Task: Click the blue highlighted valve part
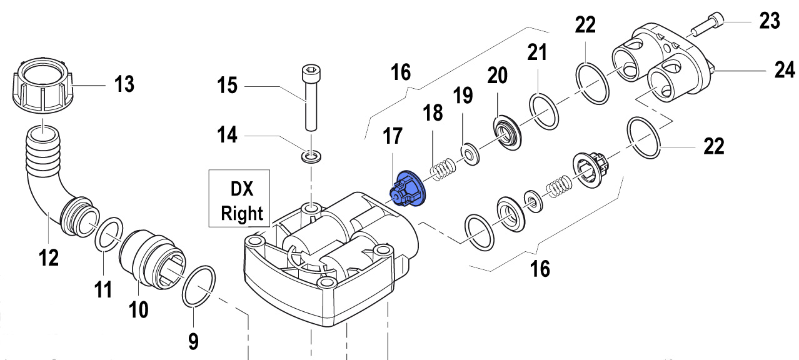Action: point(406,189)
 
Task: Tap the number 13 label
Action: point(124,83)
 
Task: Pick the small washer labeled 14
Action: point(310,154)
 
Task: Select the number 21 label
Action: point(536,52)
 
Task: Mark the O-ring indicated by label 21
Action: point(544,111)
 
